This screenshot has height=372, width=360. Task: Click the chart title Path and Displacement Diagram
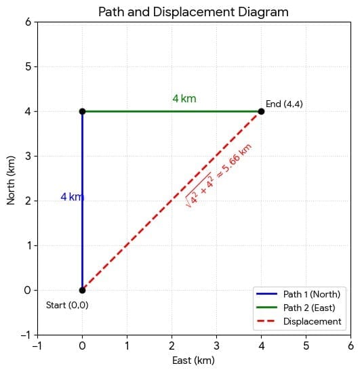coord(193,12)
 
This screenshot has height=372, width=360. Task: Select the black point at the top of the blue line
coord(82,111)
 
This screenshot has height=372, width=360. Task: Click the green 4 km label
coord(184,99)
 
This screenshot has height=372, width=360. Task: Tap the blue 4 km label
coord(72,197)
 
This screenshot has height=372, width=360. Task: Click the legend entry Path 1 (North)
coord(311,293)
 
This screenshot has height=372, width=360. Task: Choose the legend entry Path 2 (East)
coord(309,308)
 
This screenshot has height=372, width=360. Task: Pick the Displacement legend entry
coord(312,321)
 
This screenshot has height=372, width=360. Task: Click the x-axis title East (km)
coord(193,361)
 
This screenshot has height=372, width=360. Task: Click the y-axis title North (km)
coord(12,178)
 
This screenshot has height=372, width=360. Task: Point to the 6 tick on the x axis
coord(351,346)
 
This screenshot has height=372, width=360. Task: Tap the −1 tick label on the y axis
coord(25,335)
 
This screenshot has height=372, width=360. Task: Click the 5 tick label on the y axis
coord(28,66)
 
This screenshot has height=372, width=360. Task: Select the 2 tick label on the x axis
coord(172,346)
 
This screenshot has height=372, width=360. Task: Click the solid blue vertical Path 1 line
coord(82,237)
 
